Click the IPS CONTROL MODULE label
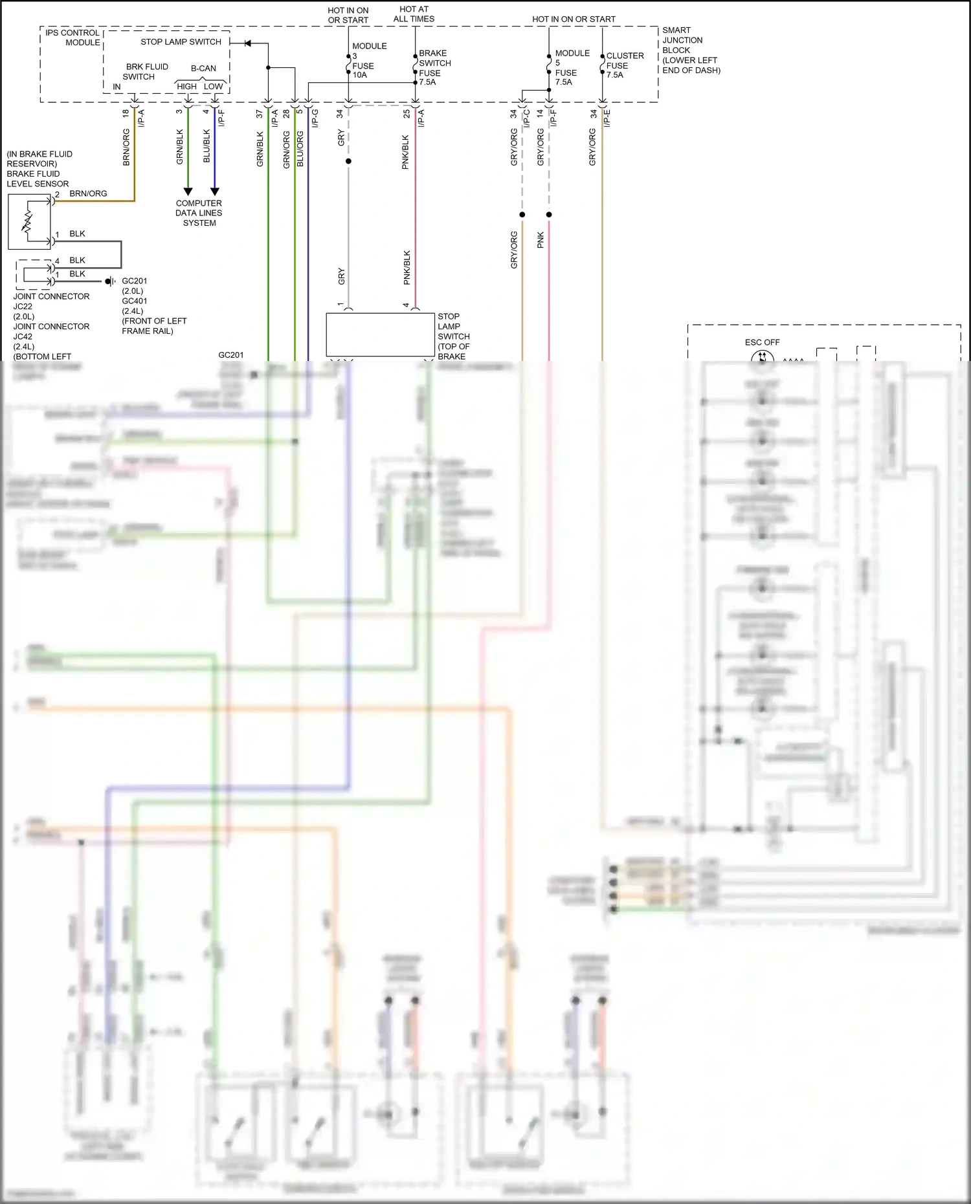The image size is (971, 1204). coord(73,38)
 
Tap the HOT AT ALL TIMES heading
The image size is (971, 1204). coord(414,14)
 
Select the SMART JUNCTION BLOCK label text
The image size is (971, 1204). coord(691,50)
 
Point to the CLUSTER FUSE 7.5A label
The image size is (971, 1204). coord(624,65)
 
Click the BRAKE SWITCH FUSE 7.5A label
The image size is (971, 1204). coord(434,67)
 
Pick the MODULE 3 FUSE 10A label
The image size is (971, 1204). coord(369,60)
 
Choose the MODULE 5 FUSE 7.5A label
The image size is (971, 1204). coord(572,67)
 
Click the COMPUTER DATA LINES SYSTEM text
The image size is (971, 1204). coord(199,213)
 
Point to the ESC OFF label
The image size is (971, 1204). coord(762,342)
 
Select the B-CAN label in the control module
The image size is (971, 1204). coord(203,68)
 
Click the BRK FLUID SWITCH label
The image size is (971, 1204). coord(146,71)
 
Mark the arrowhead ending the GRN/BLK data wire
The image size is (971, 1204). coord(188,192)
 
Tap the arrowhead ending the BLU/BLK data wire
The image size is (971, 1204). coord(215,192)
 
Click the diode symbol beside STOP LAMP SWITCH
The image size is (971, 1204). coord(248,43)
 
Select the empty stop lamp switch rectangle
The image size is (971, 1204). coord(380,334)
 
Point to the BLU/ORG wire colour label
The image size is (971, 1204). coord(300,149)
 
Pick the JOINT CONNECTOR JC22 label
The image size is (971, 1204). coord(51,306)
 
